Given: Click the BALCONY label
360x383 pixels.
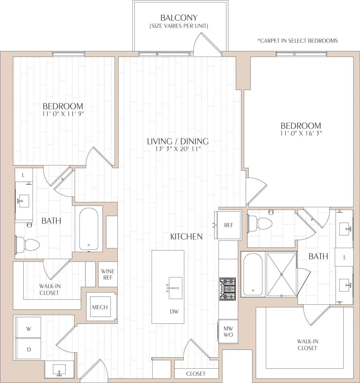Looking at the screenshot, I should pos(179,18).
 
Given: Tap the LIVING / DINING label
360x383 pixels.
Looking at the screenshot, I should pos(178,141).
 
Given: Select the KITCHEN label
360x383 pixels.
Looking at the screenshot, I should pos(186,236).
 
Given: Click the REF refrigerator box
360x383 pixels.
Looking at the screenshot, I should pos(228,225).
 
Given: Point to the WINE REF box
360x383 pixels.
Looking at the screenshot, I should pos(108,274).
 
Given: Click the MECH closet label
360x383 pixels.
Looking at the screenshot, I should pos(100,307).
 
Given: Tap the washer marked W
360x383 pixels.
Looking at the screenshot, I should pos(28,329).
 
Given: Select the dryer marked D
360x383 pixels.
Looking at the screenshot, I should pos(28,349).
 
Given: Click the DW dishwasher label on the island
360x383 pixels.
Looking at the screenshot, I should pos(174,311).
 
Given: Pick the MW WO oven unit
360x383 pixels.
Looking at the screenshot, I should pos(228,332).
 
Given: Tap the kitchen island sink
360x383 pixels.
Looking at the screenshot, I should pos(173,288).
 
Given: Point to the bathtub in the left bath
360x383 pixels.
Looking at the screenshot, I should pos(89,229).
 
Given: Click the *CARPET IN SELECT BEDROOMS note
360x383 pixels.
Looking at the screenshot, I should pos(297,41).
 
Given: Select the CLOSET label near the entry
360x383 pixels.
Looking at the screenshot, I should pos(196,374).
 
